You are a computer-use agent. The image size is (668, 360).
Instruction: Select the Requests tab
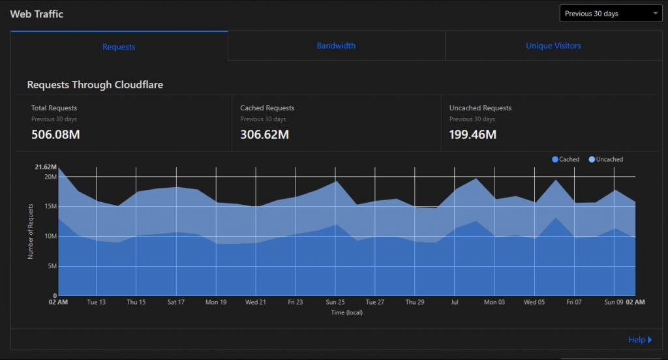(119, 47)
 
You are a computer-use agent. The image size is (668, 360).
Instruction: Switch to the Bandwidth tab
(336, 46)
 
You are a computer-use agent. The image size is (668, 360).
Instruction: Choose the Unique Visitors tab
(553, 46)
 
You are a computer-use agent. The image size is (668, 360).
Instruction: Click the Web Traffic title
(37, 14)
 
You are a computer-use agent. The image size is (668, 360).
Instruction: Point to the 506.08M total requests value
(55, 135)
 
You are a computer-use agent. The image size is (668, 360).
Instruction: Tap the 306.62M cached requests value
(264, 135)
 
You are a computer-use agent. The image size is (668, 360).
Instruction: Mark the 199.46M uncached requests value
(473, 135)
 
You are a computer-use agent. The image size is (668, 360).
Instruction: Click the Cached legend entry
(566, 159)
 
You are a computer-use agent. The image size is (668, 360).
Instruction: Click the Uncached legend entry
(606, 159)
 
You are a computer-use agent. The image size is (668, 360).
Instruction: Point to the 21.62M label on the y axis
(46, 167)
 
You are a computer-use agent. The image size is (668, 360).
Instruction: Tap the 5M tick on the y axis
(52, 266)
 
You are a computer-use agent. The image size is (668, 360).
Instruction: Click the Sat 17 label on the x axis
(175, 303)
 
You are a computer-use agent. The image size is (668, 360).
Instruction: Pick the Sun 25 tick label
(335, 303)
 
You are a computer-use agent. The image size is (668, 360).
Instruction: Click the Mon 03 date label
(494, 303)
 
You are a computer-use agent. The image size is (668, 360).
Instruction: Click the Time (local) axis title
(346, 312)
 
